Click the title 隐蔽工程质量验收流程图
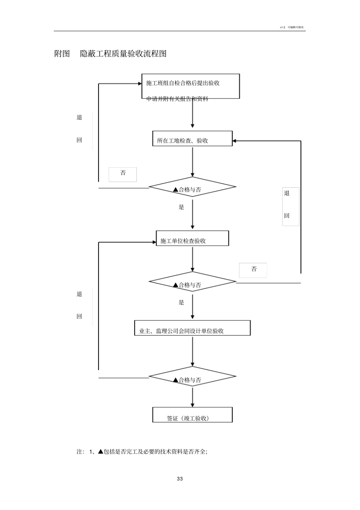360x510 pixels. (123, 54)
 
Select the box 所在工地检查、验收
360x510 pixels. (192, 139)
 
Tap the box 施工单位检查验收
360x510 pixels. (193, 239)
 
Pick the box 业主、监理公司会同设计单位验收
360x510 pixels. (192, 328)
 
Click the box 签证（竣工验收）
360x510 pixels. (192, 415)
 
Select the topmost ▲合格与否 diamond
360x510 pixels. (192, 187)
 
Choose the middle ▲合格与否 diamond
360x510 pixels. (192, 282)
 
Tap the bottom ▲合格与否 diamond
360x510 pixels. (192, 377)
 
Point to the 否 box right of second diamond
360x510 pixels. (253, 270)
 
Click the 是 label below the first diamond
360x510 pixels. (182, 207)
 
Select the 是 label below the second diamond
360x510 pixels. (182, 302)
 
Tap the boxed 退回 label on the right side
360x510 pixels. (291, 206)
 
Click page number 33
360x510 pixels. (180, 479)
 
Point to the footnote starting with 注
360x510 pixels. (142, 452)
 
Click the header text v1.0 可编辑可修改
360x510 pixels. (292, 27)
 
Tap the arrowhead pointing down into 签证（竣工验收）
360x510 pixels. (193, 405)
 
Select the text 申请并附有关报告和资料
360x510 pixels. (177, 99)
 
